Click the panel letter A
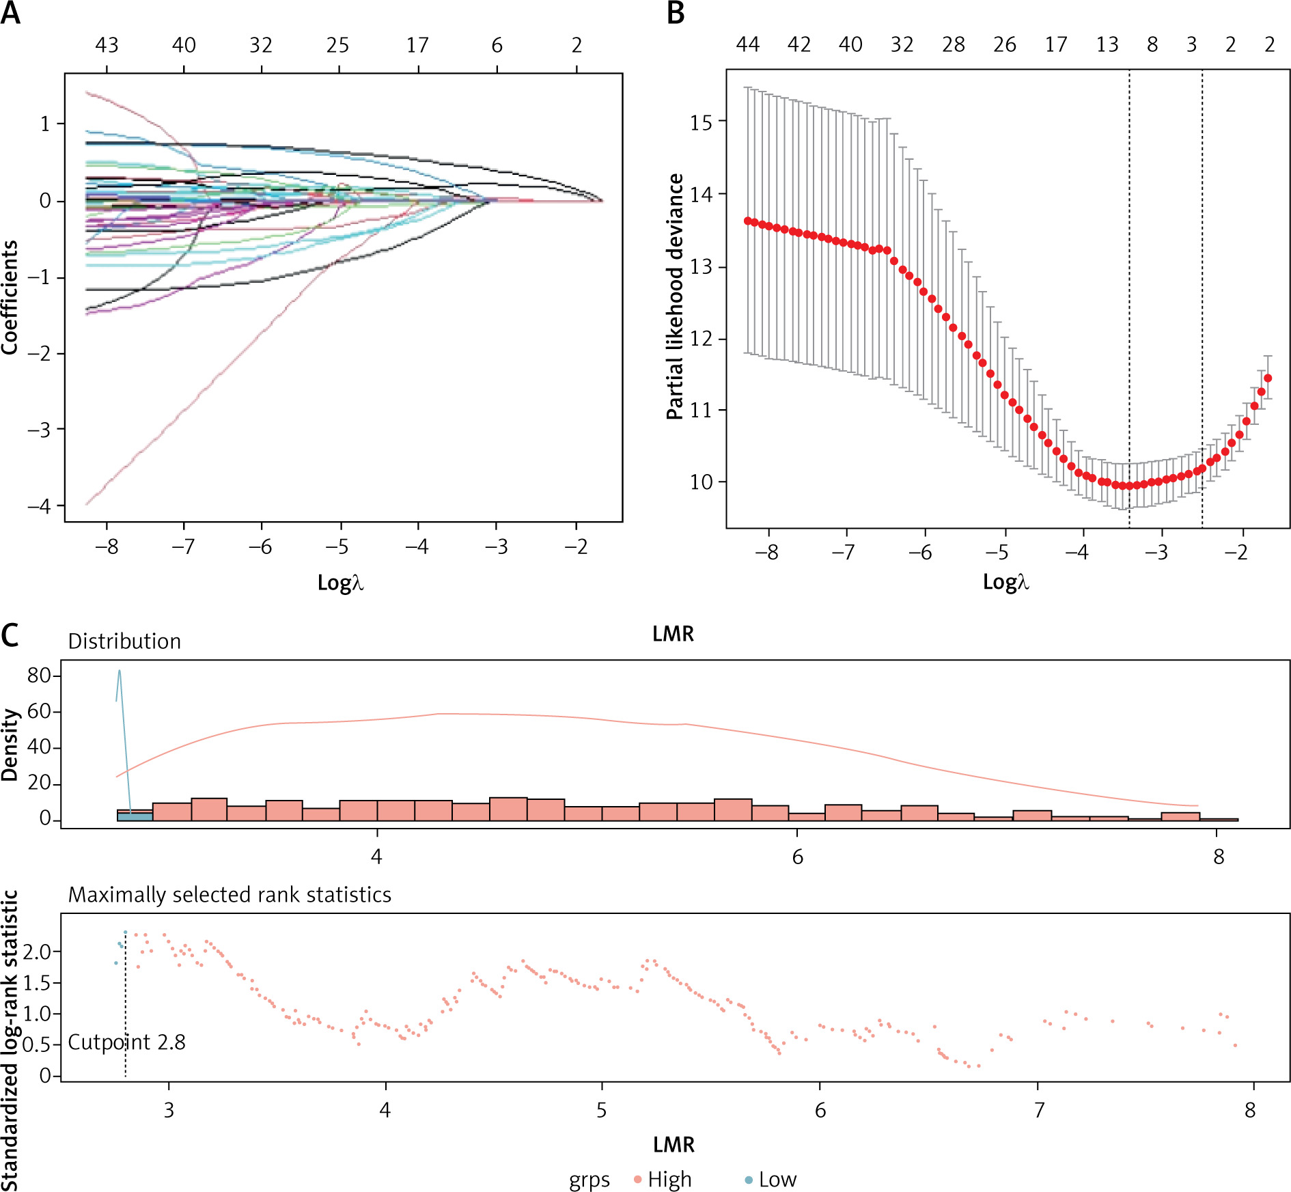pyautogui.click(x=10, y=13)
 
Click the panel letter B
pyautogui.click(x=676, y=13)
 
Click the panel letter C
pyautogui.click(x=10, y=635)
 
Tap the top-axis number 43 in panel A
pyautogui.click(x=107, y=45)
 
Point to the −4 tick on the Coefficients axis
pyautogui.click(x=40, y=506)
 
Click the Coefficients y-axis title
pyautogui.click(x=10, y=297)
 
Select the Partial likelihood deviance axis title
pyautogui.click(x=675, y=296)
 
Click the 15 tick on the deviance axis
pyautogui.click(x=701, y=123)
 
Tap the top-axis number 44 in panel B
pyautogui.click(x=748, y=44)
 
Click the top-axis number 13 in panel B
pyautogui.click(x=1107, y=44)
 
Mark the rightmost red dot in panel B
pyautogui.click(x=1268, y=378)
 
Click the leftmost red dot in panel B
pyautogui.click(x=747, y=221)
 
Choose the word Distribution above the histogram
pyautogui.click(x=124, y=641)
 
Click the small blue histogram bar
pyautogui.click(x=135, y=816)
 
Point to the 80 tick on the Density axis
pyautogui.click(x=40, y=676)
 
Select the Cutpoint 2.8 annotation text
pyautogui.click(x=127, y=1042)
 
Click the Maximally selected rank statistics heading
pyautogui.click(x=230, y=895)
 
